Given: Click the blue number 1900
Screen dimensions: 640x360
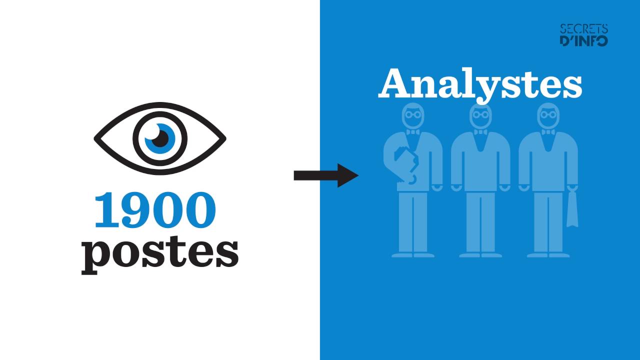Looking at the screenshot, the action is coord(155,210).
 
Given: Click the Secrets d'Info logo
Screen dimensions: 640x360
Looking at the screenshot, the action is coord(583,35).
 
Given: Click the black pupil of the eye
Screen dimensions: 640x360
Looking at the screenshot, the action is coord(160,138).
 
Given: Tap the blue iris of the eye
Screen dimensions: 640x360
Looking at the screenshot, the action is coord(160,138).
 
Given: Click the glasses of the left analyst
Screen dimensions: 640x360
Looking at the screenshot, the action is coord(413,115).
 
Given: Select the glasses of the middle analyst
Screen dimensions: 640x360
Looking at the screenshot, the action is coord(481,115).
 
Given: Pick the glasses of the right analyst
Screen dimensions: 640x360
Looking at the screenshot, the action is coord(548,115).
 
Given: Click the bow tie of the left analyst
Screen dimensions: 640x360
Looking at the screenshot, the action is coord(413,132).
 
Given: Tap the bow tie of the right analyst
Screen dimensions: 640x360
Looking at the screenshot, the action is coord(548,132).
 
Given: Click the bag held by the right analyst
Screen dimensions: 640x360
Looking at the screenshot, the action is coord(572,208).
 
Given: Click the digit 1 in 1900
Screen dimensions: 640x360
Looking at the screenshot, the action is coord(106,210).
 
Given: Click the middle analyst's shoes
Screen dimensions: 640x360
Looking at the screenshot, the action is coord(480,255).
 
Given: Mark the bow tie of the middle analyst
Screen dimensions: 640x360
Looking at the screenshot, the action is coord(481,132).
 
